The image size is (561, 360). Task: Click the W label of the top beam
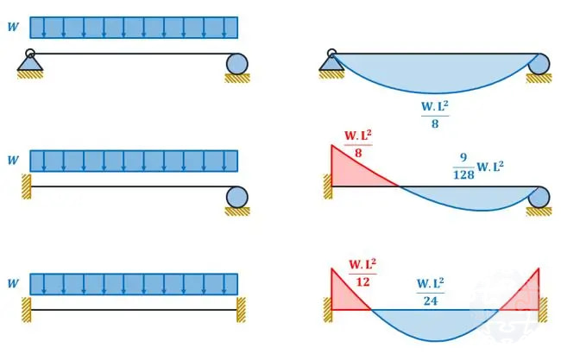[x=12, y=27]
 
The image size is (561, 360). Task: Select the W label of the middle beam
[x=12, y=160]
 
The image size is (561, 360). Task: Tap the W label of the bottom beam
[x=12, y=284]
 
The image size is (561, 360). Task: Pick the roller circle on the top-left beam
[x=237, y=63]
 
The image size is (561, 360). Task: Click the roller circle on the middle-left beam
[x=237, y=197]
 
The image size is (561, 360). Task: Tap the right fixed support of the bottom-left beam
[x=241, y=309]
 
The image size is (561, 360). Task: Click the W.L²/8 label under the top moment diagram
[x=434, y=114]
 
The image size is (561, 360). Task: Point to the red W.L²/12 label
[x=362, y=271]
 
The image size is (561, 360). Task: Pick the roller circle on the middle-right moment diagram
[x=540, y=197]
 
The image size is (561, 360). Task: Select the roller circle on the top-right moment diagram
[x=540, y=63]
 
